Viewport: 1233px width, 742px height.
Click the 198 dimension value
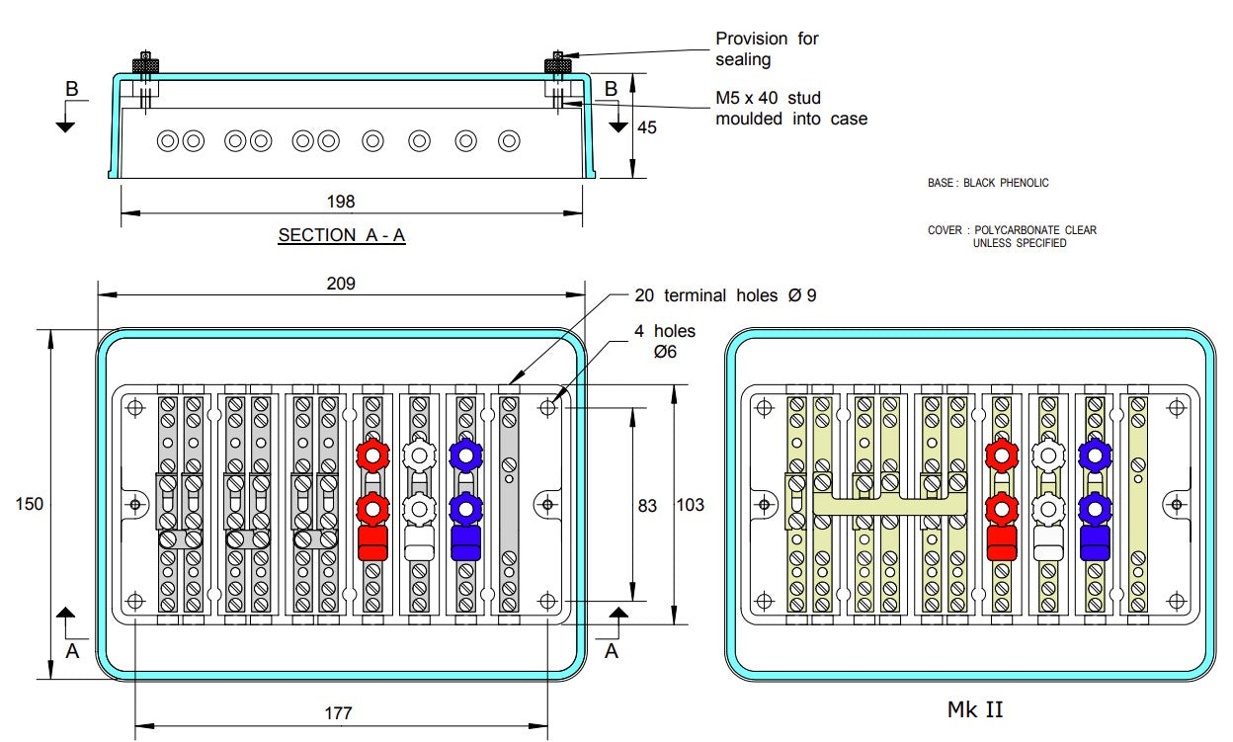click(341, 202)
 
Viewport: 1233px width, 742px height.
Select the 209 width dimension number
click(341, 284)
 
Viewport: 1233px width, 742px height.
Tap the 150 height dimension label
click(30, 504)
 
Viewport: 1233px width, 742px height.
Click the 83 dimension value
click(647, 505)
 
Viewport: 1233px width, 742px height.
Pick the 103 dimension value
click(690, 505)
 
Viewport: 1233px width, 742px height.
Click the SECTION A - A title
click(342, 235)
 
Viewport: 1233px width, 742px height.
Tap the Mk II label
click(975, 708)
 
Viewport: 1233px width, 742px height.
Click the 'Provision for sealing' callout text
click(767, 48)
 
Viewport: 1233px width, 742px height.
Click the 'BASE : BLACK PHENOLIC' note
click(988, 183)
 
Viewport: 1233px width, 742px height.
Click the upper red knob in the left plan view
click(372, 455)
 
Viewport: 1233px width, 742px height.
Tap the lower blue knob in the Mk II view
click(1093, 508)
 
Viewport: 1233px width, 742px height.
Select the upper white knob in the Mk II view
click(1046, 455)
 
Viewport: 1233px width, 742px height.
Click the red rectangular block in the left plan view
click(372, 542)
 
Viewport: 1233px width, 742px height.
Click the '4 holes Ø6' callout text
click(664, 341)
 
